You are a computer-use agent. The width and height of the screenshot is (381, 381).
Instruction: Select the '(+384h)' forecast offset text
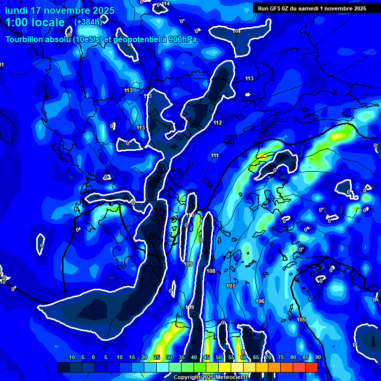(88, 22)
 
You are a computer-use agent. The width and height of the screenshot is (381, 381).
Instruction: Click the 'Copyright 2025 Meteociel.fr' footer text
(210, 377)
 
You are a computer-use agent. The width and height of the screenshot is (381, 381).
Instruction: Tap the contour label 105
(301, 319)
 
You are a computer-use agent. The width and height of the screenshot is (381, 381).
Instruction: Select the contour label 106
(260, 301)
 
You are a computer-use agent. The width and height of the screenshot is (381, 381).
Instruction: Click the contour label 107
(231, 286)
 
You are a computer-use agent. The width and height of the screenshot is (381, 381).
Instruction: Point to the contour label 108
(211, 271)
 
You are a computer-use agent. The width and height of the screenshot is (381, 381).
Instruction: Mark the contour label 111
(214, 156)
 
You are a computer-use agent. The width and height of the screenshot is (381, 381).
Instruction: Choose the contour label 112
(218, 123)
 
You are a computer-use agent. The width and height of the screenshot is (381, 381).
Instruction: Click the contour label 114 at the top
(166, 3)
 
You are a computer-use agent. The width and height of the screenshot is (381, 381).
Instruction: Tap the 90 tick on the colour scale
(317, 357)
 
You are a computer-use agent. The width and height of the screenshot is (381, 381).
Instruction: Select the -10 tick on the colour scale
(70, 357)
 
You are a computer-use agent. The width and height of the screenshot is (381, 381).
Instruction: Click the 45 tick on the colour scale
(206, 357)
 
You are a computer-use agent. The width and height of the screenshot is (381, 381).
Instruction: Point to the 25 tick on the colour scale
(156, 357)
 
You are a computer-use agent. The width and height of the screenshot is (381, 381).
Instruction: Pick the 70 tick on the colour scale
(268, 357)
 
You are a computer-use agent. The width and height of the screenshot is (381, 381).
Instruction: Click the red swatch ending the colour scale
(312, 367)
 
